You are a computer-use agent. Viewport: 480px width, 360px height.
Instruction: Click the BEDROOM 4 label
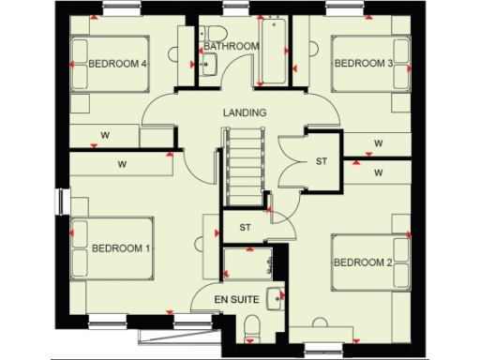click(118, 65)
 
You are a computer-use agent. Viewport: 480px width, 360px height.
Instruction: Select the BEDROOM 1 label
click(121, 248)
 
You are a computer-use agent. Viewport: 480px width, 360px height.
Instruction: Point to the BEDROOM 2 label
click(363, 262)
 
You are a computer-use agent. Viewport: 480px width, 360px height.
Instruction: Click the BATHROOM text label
click(231, 46)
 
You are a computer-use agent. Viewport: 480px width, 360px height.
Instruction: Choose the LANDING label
click(245, 112)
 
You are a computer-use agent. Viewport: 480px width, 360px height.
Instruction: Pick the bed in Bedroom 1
click(112, 248)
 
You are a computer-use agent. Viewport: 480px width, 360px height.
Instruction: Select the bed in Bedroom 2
click(371, 261)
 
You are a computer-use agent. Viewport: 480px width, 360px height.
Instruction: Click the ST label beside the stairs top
click(322, 162)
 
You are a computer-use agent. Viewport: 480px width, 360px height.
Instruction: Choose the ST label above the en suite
click(246, 227)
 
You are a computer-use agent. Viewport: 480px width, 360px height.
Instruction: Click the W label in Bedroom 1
click(122, 164)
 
